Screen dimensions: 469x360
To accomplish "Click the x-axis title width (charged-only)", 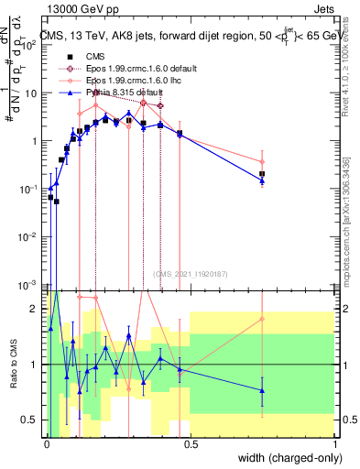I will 286,456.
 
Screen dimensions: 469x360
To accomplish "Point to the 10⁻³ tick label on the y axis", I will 30,285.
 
